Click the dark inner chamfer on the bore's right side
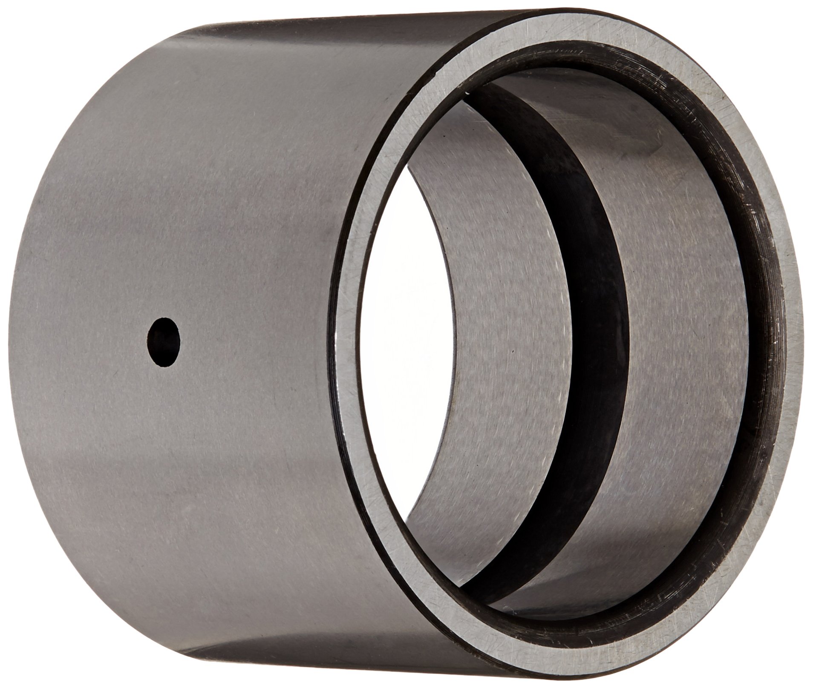pos(763,341)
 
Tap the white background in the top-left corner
pos(34,34)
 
